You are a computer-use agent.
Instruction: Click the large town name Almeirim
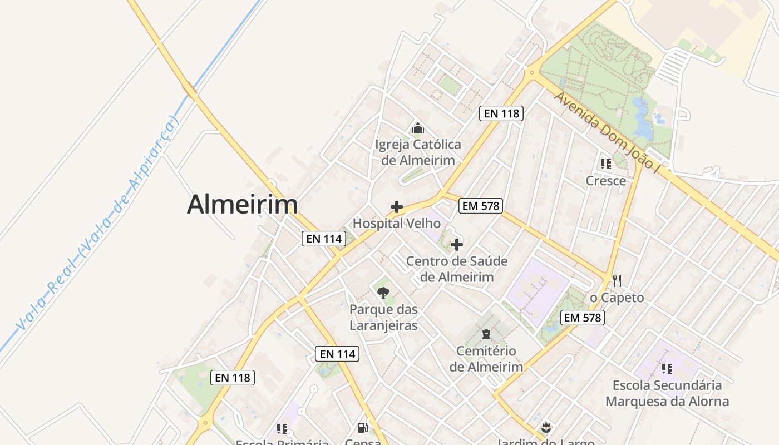pyautogui.click(x=242, y=205)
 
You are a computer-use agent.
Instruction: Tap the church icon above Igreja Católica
pyautogui.click(x=418, y=128)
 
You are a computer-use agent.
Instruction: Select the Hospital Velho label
pyautogui.click(x=397, y=224)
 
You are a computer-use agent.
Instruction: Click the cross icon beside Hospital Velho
pyautogui.click(x=397, y=207)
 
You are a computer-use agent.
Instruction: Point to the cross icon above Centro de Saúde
pyautogui.click(x=457, y=245)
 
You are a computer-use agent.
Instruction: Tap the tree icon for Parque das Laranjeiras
pyautogui.click(x=383, y=293)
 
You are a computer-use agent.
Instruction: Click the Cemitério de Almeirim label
pyautogui.click(x=486, y=359)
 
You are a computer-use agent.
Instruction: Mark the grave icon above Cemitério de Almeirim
pyautogui.click(x=486, y=334)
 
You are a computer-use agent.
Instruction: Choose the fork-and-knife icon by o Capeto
pyautogui.click(x=617, y=280)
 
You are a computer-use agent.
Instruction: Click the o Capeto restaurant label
pyautogui.click(x=617, y=298)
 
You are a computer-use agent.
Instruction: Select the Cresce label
pyautogui.click(x=605, y=181)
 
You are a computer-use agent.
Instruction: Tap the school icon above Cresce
pyautogui.click(x=605, y=164)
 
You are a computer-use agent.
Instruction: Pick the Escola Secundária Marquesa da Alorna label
pyautogui.click(x=667, y=393)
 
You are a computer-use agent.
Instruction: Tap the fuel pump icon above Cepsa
pyautogui.click(x=363, y=428)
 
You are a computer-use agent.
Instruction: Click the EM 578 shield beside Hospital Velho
pyautogui.click(x=481, y=206)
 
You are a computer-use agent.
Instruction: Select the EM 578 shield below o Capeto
pyautogui.click(x=583, y=318)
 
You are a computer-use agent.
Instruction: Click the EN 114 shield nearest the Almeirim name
pyautogui.click(x=324, y=239)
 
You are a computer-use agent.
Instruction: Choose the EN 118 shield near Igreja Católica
pyautogui.click(x=501, y=113)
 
